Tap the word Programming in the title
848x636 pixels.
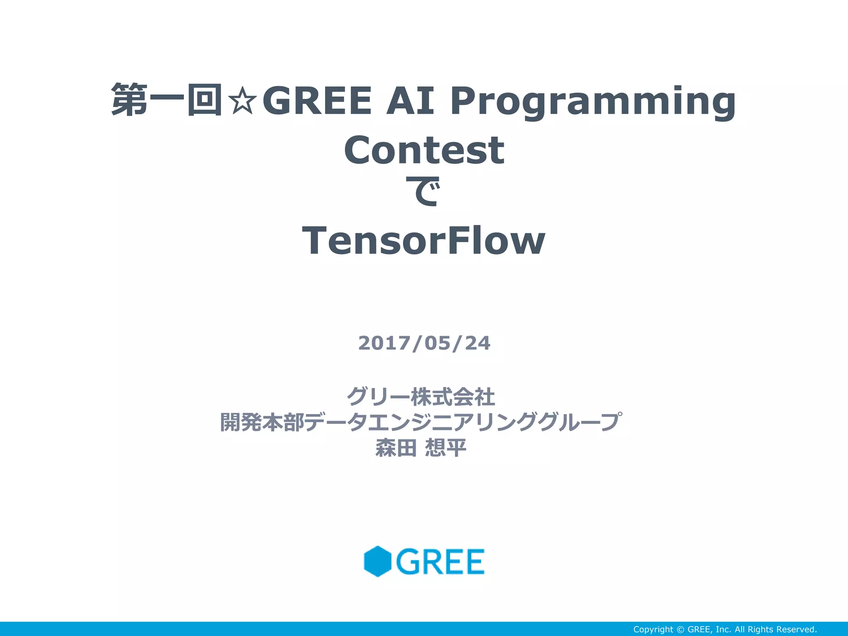click(593, 102)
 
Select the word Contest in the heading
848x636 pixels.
click(424, 150)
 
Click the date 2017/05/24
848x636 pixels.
click(424, 343)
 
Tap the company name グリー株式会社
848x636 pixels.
click(421, 397)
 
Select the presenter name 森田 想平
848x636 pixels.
click(421, 448)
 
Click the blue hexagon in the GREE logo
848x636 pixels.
click(378, 561)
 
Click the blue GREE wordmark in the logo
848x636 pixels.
click(440, 561)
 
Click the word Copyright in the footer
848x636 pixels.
click(653, 629)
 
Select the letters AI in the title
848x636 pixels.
click(410, 101)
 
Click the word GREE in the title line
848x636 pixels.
click(317, 101)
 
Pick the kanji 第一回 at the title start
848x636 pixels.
click(167, 100)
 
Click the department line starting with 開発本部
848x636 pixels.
click(421, 422)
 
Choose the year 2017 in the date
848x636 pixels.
click(385, 343)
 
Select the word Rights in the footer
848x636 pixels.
click(761, 629)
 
